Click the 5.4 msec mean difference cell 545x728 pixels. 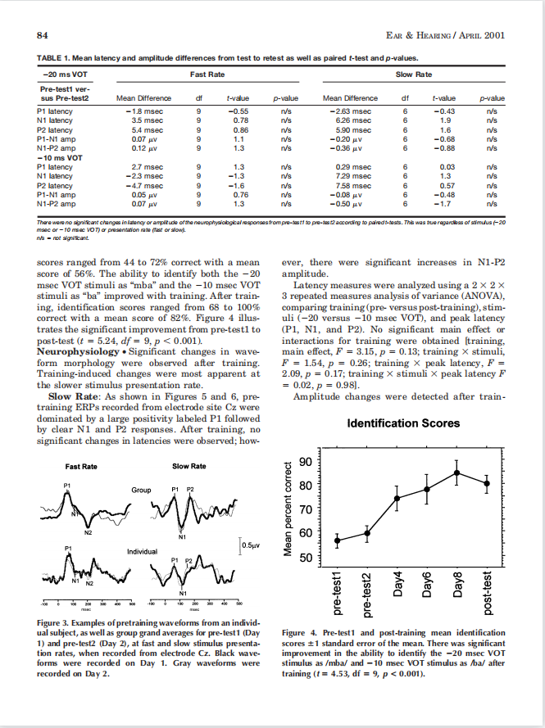click(137, 129)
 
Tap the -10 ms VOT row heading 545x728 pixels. click(60, 156)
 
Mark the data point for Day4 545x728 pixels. click(397, 498)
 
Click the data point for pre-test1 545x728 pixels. click(337, 540)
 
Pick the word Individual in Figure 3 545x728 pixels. click(141, 551)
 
